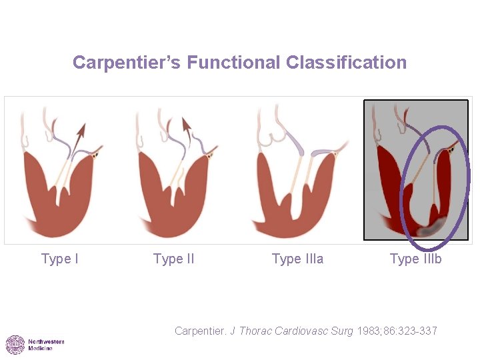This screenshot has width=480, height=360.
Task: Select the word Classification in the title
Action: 346,63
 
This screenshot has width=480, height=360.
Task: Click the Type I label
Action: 59,259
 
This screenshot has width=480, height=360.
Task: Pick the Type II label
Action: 173,259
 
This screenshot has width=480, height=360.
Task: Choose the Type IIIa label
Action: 297,259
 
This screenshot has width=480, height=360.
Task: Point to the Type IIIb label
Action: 415,259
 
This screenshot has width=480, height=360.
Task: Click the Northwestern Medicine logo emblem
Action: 15,345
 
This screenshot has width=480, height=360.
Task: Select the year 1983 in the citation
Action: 368,331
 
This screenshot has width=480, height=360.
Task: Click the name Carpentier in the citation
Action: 201,331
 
